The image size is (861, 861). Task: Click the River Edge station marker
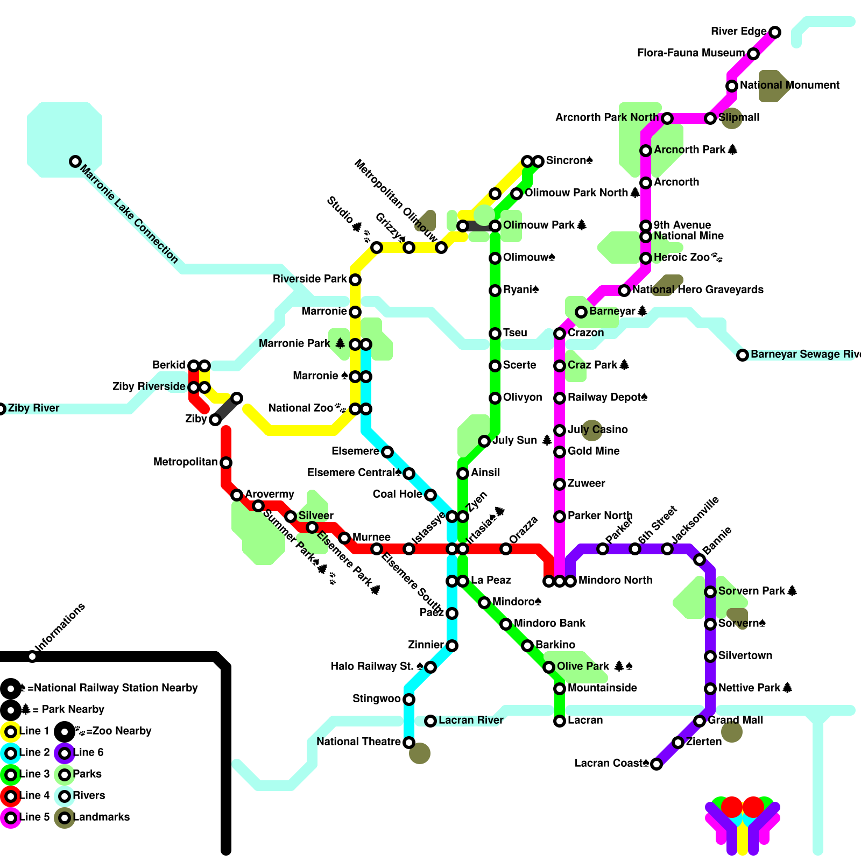775,32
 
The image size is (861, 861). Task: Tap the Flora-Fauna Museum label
690,53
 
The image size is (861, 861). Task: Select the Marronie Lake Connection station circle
75,161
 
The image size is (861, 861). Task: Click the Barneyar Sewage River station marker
743,355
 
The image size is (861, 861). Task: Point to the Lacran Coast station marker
657,764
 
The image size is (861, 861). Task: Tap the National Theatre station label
358,742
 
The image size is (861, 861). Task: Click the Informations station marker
32,657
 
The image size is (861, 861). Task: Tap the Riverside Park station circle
355,280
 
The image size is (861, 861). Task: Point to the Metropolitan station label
185,462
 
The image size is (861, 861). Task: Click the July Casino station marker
560,430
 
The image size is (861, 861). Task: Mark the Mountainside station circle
560,689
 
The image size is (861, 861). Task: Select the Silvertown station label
745,656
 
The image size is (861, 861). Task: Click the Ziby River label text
33,408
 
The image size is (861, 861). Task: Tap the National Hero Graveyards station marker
624,291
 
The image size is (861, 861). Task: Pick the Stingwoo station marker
409,700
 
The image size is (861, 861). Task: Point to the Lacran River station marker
430,721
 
